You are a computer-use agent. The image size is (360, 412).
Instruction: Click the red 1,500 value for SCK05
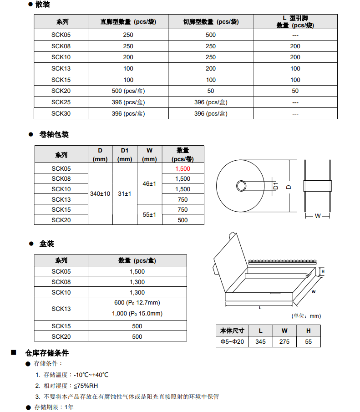click(x=183, y=168)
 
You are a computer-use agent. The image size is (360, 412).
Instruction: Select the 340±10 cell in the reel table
click(x=100, y=194)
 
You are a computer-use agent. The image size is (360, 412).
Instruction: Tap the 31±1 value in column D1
click(x=125, y=194)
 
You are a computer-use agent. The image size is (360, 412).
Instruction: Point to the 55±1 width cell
click(x=149, y=214)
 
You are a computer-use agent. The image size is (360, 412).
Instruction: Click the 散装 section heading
click(x=42, y=5)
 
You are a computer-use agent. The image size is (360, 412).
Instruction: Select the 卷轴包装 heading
click(x=54, y=135)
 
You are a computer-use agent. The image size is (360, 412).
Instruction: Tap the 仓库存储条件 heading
click(x=47, y=353)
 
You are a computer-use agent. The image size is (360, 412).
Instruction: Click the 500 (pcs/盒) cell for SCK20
click(x=128, y=91)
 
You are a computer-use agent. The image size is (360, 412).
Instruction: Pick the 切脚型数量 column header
click(x=211, y=22)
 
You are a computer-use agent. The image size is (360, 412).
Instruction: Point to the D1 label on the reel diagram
click(x=276, y=186)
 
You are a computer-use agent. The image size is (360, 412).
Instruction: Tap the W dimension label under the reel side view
click(x=318, y=216)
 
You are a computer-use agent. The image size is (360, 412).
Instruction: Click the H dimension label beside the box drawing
click(x=323, y=272)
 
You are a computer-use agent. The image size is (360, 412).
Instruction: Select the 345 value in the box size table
click(x=260, y=342)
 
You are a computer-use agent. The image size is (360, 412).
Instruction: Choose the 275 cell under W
click(x=284, y=342)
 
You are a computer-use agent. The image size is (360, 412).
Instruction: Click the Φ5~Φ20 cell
click(x=232, y=342)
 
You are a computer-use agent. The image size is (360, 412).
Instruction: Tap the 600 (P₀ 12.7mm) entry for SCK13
click(x=137, y=303)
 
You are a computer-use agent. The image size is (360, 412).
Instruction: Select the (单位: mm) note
click(x=306, y=316)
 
